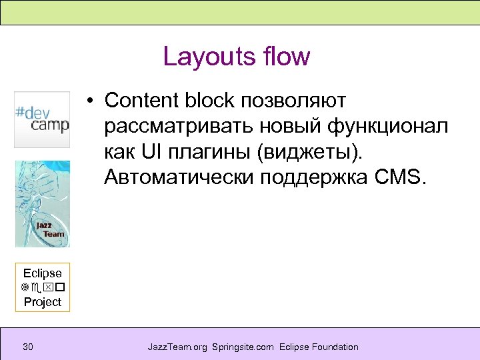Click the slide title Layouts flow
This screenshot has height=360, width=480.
point(237,57)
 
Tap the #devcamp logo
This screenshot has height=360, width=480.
point(42,119)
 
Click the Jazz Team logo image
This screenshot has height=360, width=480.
point(42,203)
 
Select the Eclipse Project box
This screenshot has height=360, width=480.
point(43,287)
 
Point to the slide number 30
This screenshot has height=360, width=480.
point(28,347)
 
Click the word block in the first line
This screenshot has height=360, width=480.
point(210,101)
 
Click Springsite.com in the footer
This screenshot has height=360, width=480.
point(243,347)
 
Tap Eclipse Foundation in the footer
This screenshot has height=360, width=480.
point(319,347)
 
